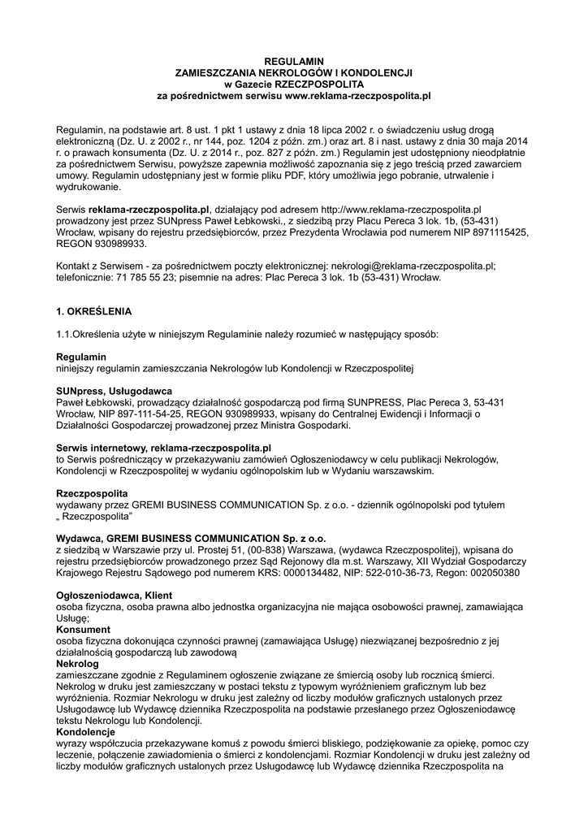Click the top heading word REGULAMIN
click(x=296, y=62)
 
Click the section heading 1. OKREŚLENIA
click(x=93, y=312)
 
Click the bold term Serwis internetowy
click(x=102, y=448)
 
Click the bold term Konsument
click(x=83, y=630)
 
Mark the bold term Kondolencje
click(x=85, y=732)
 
